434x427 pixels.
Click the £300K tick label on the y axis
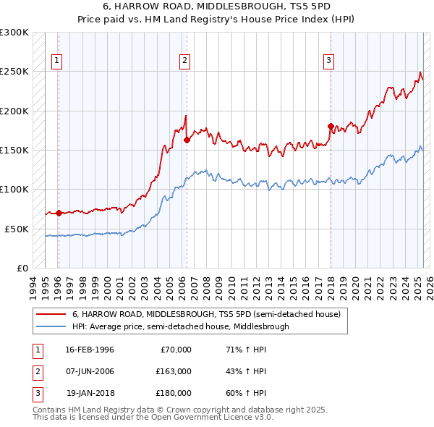pos(14,33)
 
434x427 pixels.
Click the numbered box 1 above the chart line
pos(57,62)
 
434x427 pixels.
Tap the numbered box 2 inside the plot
pos(185,62)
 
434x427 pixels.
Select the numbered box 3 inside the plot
pos(328,62)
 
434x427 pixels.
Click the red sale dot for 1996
pos(58,213)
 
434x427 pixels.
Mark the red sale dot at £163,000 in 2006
pos(187,140)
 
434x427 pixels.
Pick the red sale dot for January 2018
pos(331,127)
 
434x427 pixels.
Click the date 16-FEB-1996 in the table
pos(90,350)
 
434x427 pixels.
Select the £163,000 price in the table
pos(174,371)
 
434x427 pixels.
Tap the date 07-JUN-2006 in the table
pos(90,371)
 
